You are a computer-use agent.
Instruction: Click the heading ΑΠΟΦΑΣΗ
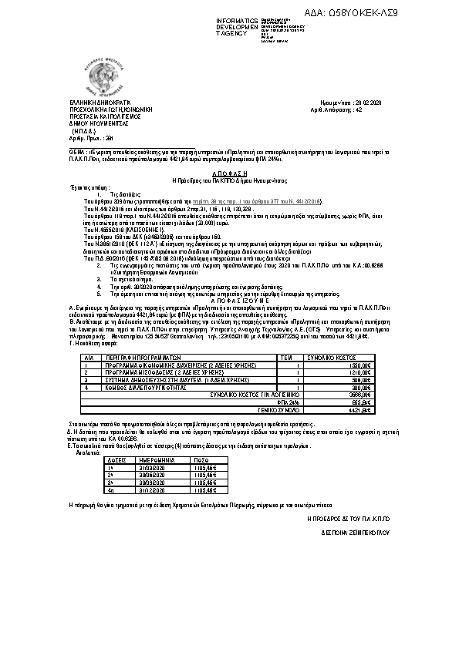pos(229,174)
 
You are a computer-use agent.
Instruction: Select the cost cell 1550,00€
pos(360,365)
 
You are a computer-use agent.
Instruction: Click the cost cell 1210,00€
pos(360,372)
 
